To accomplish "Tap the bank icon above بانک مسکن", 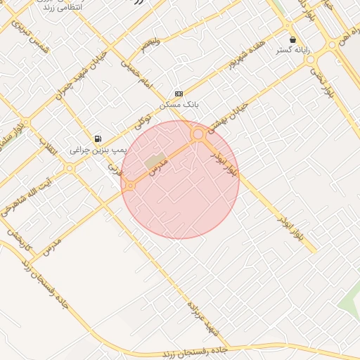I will [x=179, y=93].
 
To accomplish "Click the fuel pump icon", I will [x=97, y=139].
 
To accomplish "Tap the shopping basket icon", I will [x=292, y=39].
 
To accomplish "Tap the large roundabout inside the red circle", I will [x=198, y=134].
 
